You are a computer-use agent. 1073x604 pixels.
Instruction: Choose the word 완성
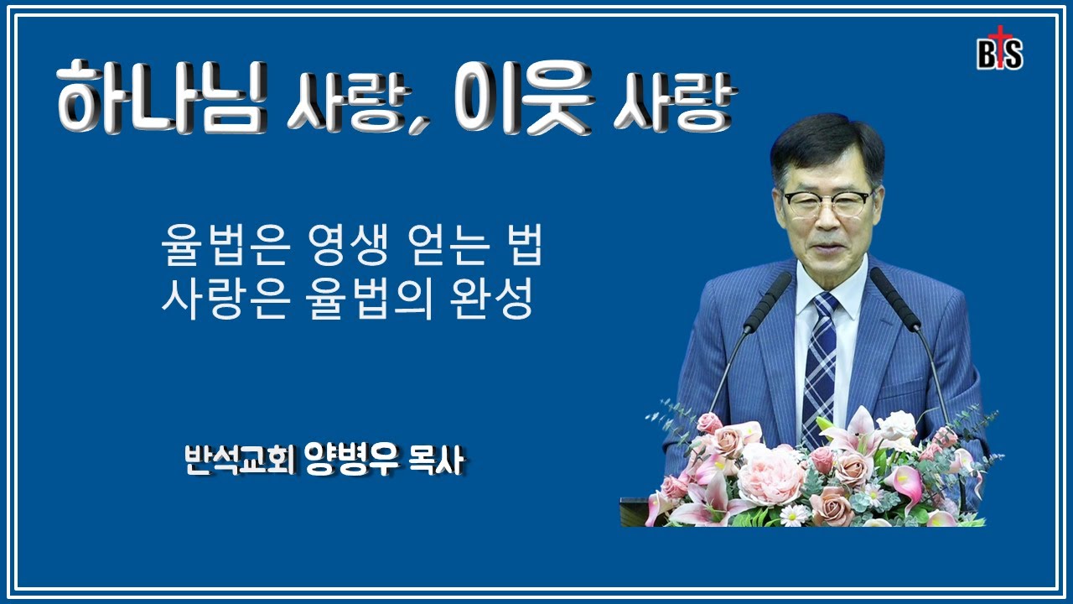(496, 300)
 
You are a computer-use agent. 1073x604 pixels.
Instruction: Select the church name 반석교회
(238, 462)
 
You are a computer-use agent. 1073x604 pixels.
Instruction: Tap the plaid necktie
(819, 361)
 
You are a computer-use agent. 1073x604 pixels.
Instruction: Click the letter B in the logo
(987, 55)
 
